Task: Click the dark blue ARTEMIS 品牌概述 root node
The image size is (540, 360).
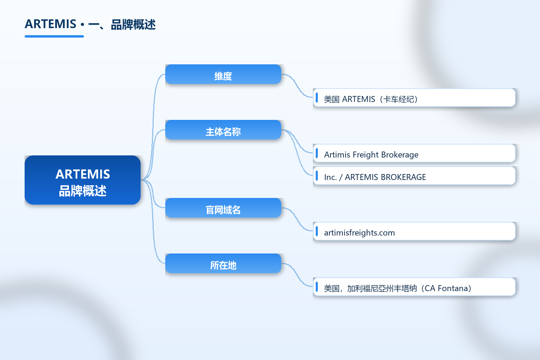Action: tap(83, 180)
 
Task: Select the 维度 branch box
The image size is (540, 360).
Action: tap(223, 74)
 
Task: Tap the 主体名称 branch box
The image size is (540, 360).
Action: tap(223, 130)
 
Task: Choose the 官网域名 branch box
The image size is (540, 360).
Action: tap(223, 208)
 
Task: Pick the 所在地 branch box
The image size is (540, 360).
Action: tap(223, 263)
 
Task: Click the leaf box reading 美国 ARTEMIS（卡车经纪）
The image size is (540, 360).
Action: tap(414, 98)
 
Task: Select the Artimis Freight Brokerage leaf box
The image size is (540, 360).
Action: tap(414, 153)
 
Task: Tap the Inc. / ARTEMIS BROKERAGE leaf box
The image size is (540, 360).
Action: tap(414, 176)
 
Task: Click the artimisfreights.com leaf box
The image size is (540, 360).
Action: tap(414, 231)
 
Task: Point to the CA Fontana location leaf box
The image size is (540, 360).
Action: tap(414, 287)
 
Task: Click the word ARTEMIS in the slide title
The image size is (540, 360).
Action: tap(50, 24)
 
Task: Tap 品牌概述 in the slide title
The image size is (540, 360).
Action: tap(133, 25)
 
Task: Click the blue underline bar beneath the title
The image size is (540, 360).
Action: tap(54, 37)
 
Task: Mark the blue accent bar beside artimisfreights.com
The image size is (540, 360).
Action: tap(317, 231)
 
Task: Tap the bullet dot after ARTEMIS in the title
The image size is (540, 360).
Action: tap(83, 25)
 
